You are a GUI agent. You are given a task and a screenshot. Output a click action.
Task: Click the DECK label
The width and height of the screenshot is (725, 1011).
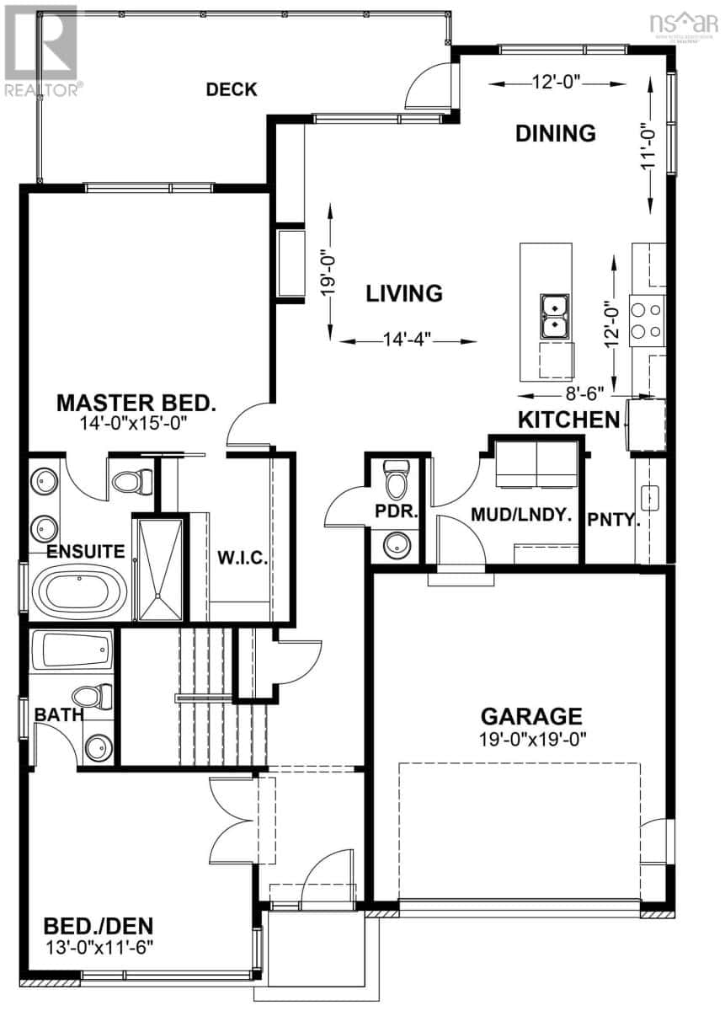coord(232,89)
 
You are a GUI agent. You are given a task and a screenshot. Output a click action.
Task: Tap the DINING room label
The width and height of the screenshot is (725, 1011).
coord(556,133)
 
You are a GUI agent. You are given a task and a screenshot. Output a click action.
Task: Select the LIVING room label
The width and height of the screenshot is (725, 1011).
coord(404,293)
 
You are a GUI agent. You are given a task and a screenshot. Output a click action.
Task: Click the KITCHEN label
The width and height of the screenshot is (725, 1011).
coord(568,420)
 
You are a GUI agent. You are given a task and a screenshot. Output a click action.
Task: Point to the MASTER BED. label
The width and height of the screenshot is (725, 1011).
coord(136,403)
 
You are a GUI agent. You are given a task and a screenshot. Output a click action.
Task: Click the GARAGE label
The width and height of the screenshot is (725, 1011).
coord(531,716)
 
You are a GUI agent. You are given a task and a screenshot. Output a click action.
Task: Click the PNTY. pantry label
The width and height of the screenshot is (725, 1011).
coord(614,520)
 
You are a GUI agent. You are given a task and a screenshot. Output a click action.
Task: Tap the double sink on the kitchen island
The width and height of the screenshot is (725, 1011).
coord(555,315)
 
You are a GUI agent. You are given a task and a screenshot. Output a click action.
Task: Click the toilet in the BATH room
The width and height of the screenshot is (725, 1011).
coord(93,696)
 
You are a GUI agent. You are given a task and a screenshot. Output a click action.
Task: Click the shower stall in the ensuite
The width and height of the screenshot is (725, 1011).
coord(159,570)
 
